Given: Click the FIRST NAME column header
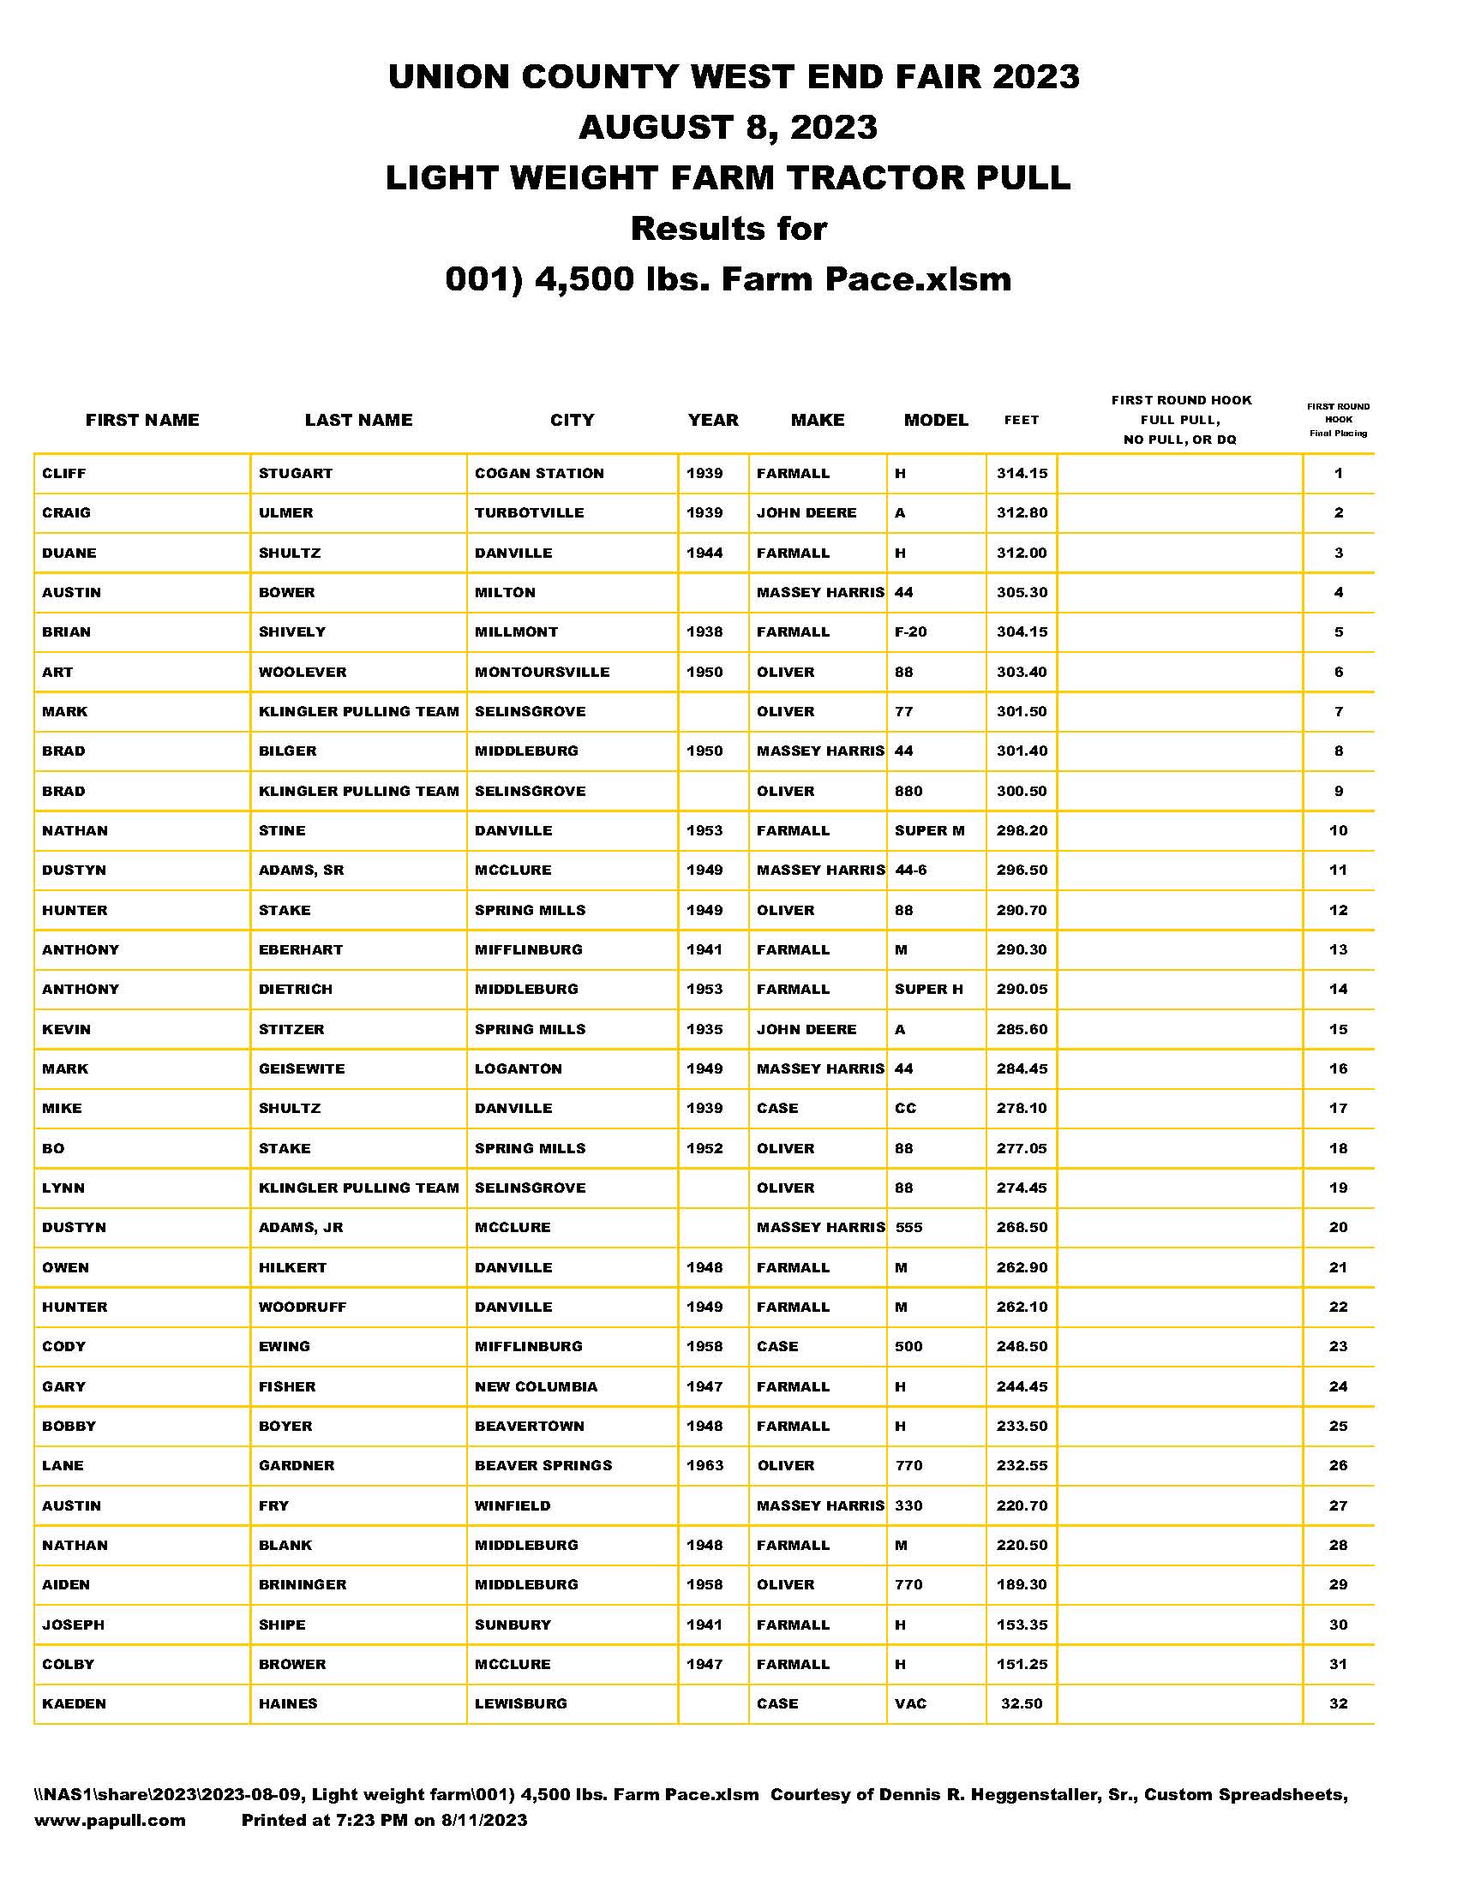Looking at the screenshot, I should pyautogui.click(x=142, y=421).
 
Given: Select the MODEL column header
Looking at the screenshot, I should pyautogui.click(x=936, y=421).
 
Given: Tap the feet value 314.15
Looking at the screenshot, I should pyautogui.click(x=1022, y=473).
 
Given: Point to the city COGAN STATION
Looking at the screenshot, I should pyautogui.click(x=539, y=473).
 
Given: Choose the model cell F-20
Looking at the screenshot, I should pyautogui.click(x=910, y=631).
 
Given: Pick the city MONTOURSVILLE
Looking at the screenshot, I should pyautogui.click(x=542, y=672).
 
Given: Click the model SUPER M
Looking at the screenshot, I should pyautogui.click(x=930, y=830).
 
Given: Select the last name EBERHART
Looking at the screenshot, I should pyautogui.click(x=300, y=949).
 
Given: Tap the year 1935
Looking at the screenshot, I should pyautogui.click(x=705, y=1029).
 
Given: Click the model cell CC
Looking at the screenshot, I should pyautogui.click(x=905, y=1108).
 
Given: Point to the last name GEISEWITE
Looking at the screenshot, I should pyautogui.click(x=301, y=1068).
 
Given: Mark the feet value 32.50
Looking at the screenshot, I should pyautogui.click(x=1022, y=1703).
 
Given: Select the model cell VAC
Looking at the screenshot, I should pyautogui.click(x=910, y=1703).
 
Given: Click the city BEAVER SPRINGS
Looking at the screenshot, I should pyautogui.click(x=543, y=1465).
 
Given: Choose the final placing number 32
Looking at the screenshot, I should pyautogui.click(x=1338, y=1703).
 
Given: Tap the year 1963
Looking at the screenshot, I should pyautogui.click(x=705, y=1465).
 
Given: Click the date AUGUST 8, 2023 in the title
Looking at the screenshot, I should pyautogui.click(x=728, y=128).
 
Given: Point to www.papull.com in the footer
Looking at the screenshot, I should pyautogui.click(x=110, y=1820).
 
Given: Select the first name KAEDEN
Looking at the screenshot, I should pyautogui.click(x=75, y=1703).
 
